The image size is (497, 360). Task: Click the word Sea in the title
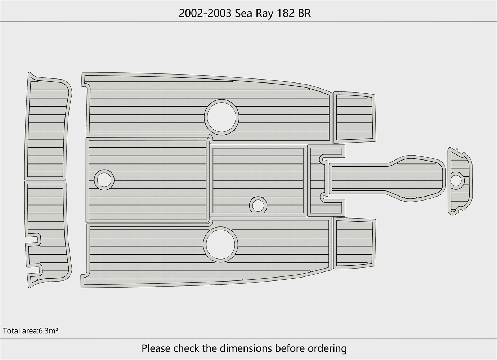[x=244, y=13]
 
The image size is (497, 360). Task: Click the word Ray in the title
[x=264, y=14]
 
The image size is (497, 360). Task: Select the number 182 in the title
[x=285, y=13]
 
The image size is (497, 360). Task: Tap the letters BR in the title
[x=304, y=13]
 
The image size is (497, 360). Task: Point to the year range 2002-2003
[x=205, y=13]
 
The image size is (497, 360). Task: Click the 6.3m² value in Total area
[x=48, y=331]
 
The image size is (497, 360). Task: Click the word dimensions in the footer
[x=246, y=348]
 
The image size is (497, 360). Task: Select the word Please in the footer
[x=156, y=348]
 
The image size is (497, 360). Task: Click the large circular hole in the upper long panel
[x=221, y=117]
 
